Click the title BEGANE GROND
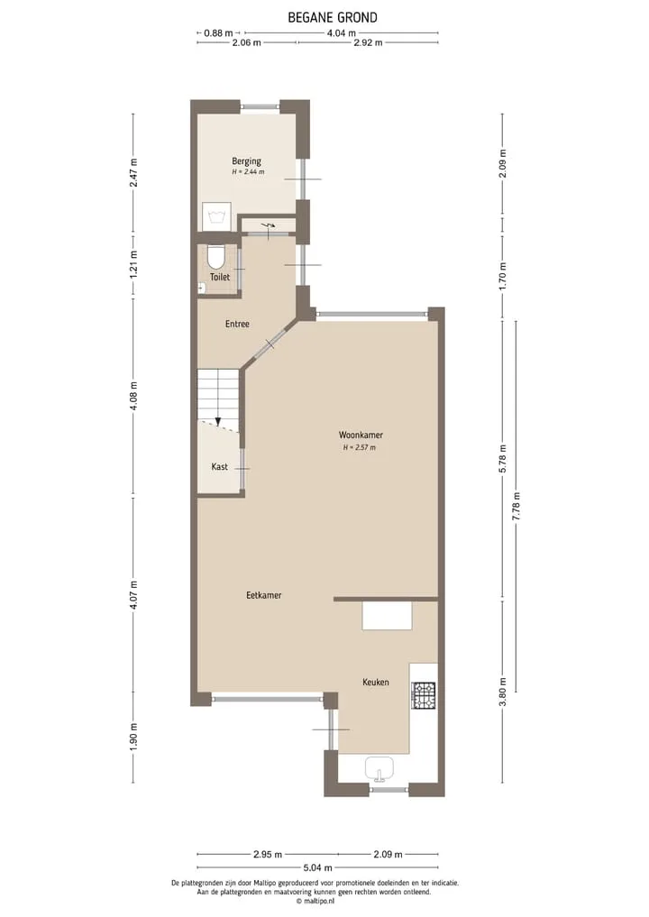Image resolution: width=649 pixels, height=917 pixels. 332,17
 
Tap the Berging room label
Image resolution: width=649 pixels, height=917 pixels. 246,160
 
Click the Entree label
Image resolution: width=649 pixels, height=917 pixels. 237,324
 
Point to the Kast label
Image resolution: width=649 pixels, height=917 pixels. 220,467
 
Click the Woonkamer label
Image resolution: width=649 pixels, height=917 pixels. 361,435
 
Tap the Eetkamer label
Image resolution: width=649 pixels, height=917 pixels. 264,595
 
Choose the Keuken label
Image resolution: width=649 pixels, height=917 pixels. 375,682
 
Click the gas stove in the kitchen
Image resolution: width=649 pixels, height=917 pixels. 424,695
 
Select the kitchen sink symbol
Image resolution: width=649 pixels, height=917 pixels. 380,769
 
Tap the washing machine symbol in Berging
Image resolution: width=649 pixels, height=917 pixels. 215,216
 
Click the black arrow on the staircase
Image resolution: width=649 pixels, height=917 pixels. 218,420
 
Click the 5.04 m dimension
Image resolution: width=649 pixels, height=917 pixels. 317,867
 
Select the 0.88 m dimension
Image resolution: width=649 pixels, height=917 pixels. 218,32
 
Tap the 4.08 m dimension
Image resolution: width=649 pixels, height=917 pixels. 134,396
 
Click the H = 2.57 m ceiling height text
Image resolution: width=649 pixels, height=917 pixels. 360,447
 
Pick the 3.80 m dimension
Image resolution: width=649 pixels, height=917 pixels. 502,691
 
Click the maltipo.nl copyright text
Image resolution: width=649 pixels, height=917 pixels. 315,902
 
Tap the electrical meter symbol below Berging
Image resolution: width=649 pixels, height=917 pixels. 269,225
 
